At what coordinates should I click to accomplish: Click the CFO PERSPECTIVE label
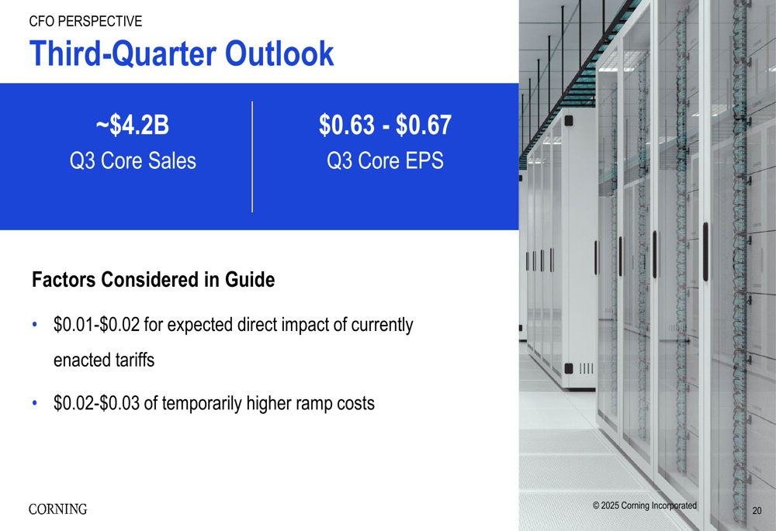pyautogui.click(x=85, y=21)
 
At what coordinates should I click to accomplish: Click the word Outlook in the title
pyautogui.click(x=279, y=53)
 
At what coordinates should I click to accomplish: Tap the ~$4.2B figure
pyautogui.click(x=133, y=125)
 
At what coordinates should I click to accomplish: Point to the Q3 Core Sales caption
pyautogui.click(x=133, y=160)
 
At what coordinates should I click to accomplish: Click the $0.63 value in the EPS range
pyautogui.click(x=347, y=125)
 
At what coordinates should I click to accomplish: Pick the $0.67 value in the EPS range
pyautogui.click(x=424, y=125)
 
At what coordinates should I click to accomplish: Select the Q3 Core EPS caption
pyautogui.click(x=385, y=160)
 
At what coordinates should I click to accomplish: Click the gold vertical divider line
pyautogui.click(x=252, y=157)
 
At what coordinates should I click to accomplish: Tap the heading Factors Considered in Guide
pyautogui.click(x=154, y=280)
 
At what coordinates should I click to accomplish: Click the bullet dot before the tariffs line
pyautogui.click(x=35, y=325)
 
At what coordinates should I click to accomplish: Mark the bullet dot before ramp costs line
pyautogui.click(x=35, y=403)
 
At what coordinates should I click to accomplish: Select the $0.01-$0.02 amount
pyautogui.click(x=96, y=325)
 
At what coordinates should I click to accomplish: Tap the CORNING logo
pyautogui.click(x=58, y=509)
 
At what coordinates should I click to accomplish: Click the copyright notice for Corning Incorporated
pyautogui.click(x=645, y=505)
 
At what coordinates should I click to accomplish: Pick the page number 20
pyautogui.click(x=757, y=511)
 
